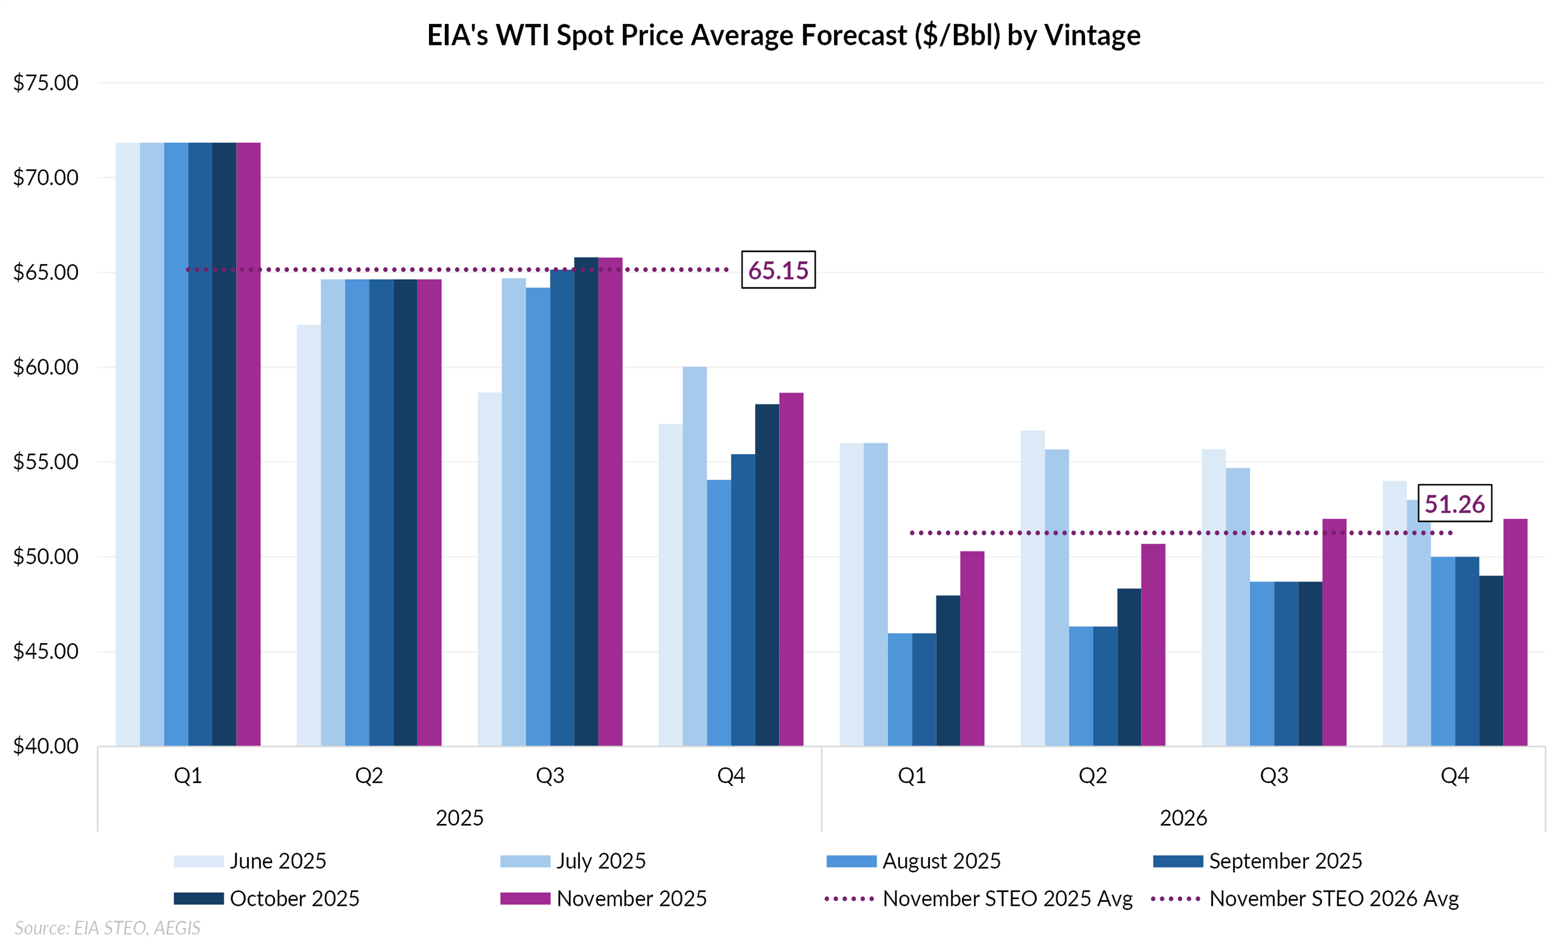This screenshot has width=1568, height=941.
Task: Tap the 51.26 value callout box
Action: pos(1454,503)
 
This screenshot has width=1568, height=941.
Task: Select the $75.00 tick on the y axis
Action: pos(45,83)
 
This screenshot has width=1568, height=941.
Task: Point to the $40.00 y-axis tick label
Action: pos(45,745)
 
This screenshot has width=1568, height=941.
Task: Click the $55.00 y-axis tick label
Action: pos(45,462)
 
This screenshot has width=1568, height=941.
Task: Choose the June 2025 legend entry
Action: pos(250,861)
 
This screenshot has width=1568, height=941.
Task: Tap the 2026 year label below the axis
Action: pos(1183,818)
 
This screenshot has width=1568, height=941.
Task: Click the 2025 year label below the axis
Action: pos(459,818)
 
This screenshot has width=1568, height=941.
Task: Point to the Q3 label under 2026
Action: pos(1273,775)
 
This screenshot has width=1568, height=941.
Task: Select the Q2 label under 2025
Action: pos(369,775)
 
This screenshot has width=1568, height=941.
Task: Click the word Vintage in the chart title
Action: pos(1093,36)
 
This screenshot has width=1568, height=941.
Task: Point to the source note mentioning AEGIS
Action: pos(107,928)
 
